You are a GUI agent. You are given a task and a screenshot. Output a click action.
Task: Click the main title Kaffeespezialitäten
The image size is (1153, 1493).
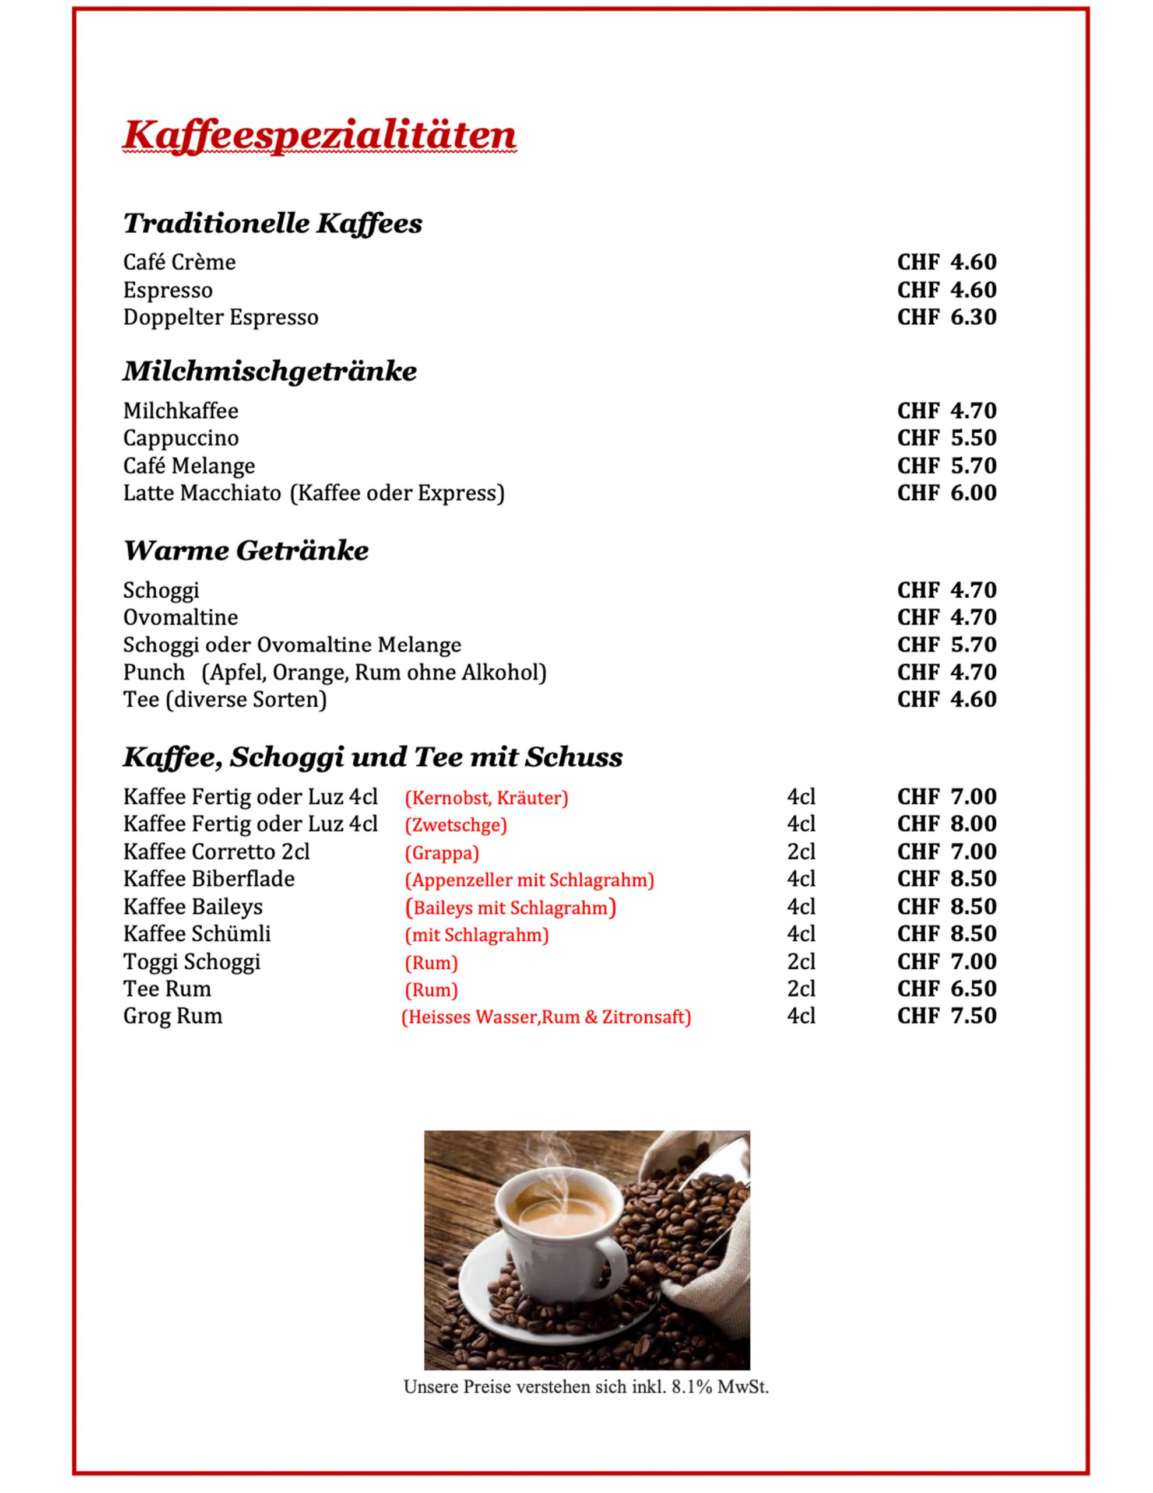pos(319,136)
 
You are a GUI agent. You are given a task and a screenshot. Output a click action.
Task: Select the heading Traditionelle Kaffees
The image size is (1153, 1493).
pos(273,223)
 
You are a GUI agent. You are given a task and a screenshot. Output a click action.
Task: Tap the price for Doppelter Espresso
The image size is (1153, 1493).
pos(947,317)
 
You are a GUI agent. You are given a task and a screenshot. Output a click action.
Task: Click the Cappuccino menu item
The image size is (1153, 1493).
pos(181,437)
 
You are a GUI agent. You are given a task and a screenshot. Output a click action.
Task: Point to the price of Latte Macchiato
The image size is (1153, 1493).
pos(947,493)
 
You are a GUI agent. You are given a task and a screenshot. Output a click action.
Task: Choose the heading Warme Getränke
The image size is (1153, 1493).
pos(246,551)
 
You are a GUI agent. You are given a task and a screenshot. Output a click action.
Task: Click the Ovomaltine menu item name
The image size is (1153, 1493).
pos(181,617)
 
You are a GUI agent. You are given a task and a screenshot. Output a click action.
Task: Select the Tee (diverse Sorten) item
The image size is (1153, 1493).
pos(225,699)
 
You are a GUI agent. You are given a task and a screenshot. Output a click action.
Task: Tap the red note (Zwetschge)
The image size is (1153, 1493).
pos(456,825)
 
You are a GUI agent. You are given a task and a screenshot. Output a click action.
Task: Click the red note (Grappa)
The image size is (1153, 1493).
pos(441,853)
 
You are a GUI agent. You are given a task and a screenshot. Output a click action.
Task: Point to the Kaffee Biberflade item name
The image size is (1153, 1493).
pos(209,879)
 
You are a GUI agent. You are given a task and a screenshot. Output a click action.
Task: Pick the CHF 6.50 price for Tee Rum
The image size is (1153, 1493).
pos(947,989)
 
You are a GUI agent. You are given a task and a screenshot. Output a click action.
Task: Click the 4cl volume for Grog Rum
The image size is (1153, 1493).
pos(801,1016)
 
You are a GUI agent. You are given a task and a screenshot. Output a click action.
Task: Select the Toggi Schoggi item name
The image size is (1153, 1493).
pos(192,962)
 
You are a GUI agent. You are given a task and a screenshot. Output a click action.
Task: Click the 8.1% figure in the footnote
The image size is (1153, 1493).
pos(692,1387)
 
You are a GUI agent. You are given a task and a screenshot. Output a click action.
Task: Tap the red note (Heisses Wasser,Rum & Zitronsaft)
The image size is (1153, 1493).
pos(546,1017)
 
